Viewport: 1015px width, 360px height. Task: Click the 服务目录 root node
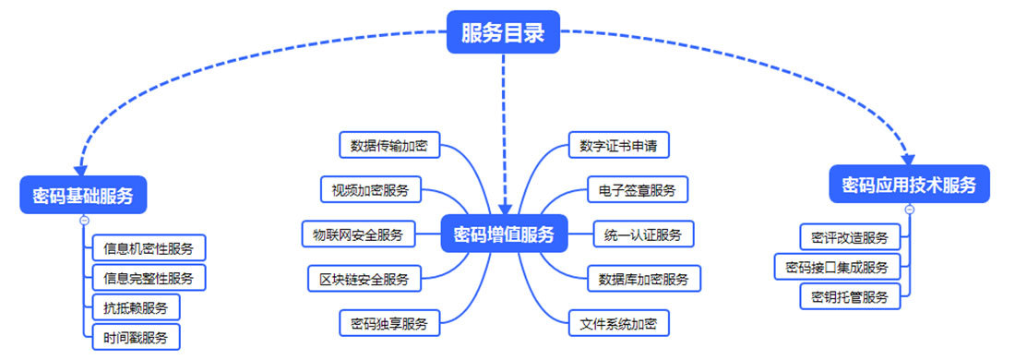[x=503, y=33]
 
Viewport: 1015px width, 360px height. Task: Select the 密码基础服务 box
[x=83, y=196]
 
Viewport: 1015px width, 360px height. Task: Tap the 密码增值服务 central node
[x=504, y=234]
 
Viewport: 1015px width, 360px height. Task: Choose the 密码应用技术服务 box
[x=909, y=185]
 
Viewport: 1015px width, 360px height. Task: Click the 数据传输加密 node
[x=388, y=145]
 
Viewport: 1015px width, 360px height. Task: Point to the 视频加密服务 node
[x=370, y=190]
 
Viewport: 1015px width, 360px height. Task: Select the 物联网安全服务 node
[x=359, y=234]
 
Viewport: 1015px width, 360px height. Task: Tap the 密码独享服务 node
[x=388, y=323]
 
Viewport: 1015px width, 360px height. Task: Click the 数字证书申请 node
[x=617, y=146]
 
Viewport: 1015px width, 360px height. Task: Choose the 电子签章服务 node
[x=637, y=190]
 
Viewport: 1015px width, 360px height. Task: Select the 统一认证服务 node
[x=643, y=234]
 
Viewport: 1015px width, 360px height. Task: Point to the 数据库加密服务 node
[x=643, y=278]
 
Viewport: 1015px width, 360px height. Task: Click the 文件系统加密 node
[x=617, y=323]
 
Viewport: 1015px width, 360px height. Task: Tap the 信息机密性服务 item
[x=149, y=248]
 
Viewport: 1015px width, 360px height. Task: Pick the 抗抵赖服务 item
[x=136, y=306]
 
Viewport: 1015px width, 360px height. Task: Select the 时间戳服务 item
[x=136, y=337]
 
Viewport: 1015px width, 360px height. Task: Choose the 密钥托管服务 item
[x=850, y=296]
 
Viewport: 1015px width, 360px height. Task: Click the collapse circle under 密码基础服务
[x=84, y=221]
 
